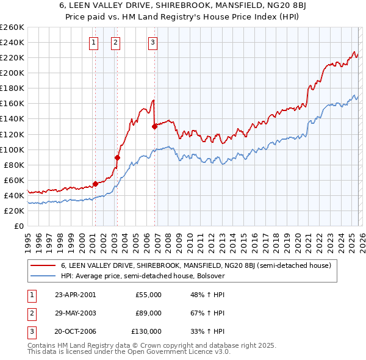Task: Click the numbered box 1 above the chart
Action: pos(94,42)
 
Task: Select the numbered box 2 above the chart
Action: pos(115,42)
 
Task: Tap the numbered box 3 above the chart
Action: pos(152,42)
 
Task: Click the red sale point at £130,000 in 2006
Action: pos(154,126)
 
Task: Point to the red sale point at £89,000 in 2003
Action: pos(118,157)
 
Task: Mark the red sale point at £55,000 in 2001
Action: pos(95,184)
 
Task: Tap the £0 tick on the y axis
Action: pos(18,226)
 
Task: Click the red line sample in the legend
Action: pos(43,265)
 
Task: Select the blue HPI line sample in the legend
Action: pos(43,276)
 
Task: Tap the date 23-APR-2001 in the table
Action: pos(75,295)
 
